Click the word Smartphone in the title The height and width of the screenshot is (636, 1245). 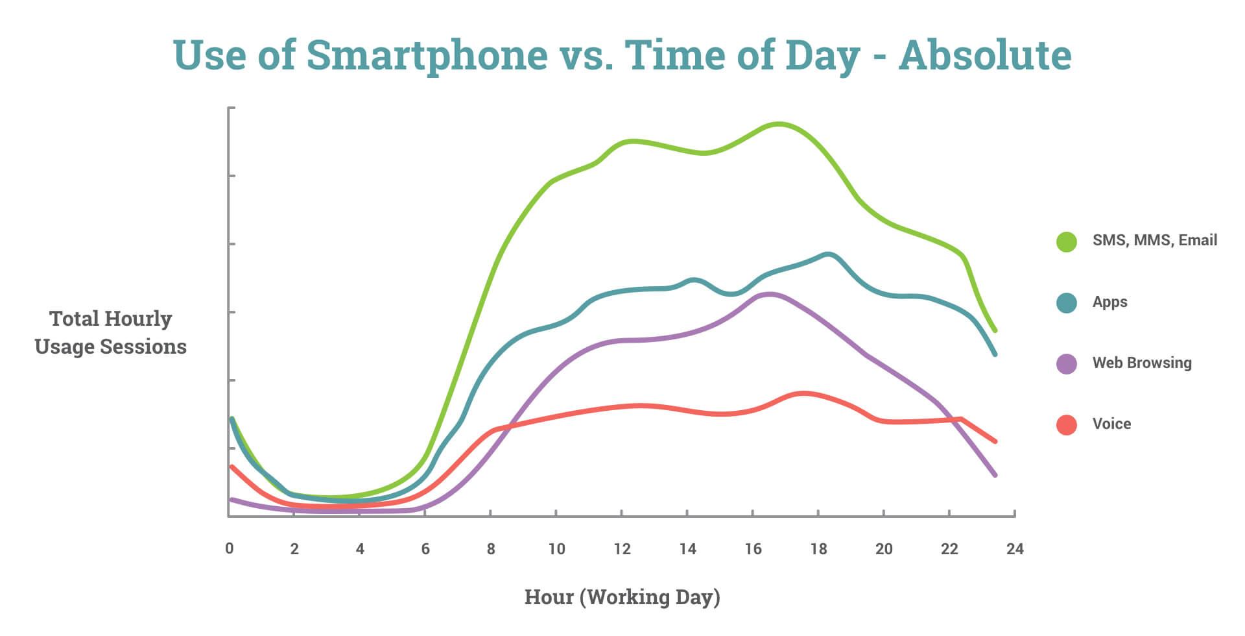click(427, 56)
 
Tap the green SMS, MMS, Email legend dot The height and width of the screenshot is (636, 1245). click(1066, 241)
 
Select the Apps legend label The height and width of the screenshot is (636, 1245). click(1109, 302)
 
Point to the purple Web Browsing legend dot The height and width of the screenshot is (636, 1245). click(1066, 363)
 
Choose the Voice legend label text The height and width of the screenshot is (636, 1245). click(1111, 424)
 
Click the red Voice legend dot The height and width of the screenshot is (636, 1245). click(1066, 424)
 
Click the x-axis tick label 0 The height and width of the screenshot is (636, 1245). click(229, 548)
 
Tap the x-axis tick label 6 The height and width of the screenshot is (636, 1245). click(425, 549)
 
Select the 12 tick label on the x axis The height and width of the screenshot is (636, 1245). click(622, 549)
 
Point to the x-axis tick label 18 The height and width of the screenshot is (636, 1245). click(818, 549)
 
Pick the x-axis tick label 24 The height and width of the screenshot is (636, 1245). click(1015, 549)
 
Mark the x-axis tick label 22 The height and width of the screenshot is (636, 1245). click(949, 549)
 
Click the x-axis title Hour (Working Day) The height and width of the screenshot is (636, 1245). click(622, 597)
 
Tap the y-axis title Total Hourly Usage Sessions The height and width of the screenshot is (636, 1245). click(110, 332)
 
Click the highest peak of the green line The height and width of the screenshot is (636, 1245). click(778, 123)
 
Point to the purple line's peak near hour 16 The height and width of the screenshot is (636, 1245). click(769, 294)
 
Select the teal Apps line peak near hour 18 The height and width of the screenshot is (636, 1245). click(828, 254)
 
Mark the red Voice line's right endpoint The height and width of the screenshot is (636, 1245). click(995, 441)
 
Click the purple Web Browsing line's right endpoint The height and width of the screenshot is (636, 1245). click(995, 475)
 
